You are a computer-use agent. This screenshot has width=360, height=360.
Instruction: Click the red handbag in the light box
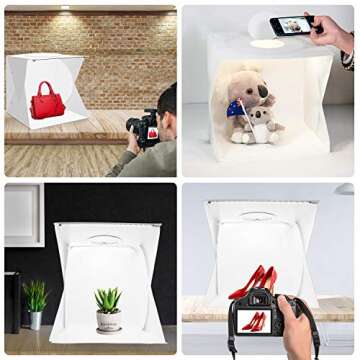click(x=46, y=103)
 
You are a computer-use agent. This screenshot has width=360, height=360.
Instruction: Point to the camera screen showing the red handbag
click(x=152, y=132)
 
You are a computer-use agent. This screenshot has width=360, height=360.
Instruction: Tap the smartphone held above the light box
click(x=292, y=25)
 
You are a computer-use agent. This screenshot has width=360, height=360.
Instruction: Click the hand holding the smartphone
click(x=333, y=32)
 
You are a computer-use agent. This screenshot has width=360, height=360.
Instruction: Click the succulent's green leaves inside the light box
click(x=108, y=298)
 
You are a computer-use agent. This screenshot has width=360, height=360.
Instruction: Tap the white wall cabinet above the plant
click(x=22, y=214)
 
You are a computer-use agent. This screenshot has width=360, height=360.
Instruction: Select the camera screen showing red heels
click(x=255, y=321)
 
